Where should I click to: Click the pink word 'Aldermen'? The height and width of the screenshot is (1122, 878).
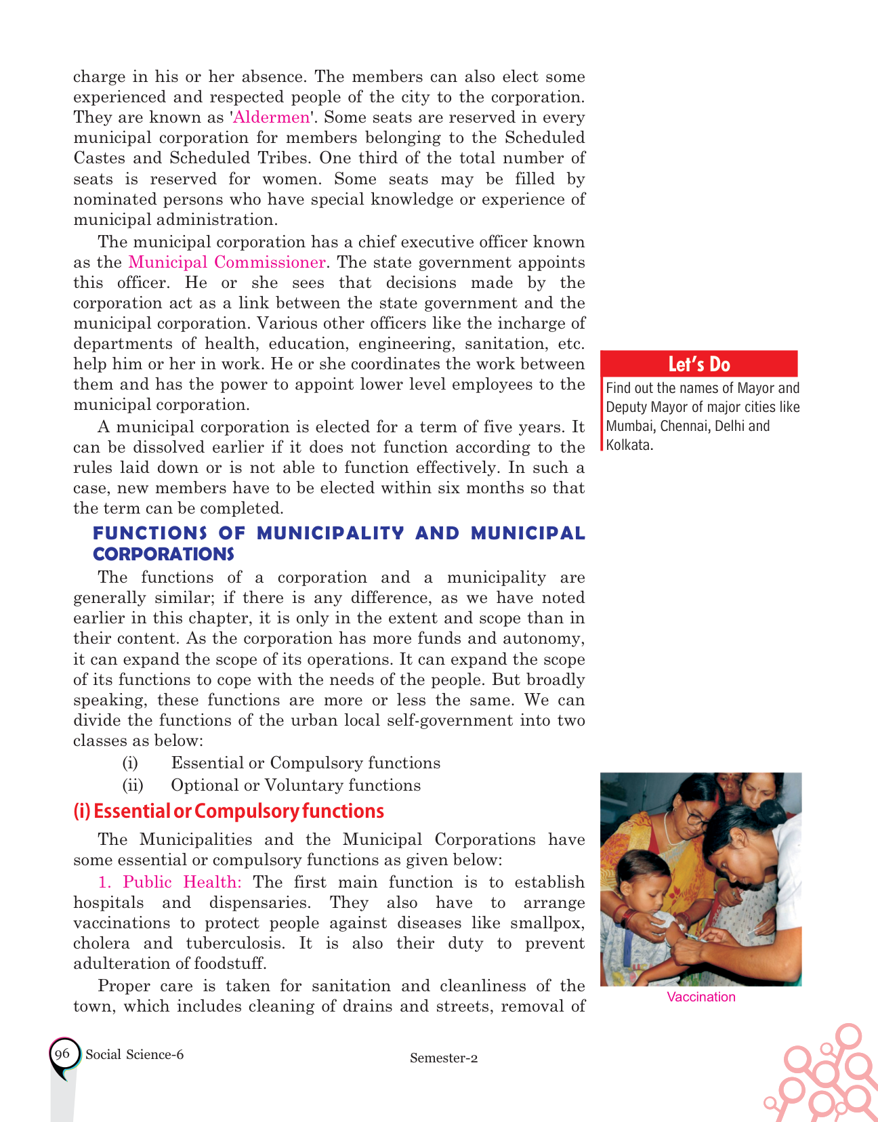pos(272,117)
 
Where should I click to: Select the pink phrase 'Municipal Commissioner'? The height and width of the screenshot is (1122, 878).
pos(227,262)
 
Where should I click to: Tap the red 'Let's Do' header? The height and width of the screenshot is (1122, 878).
pos(698,364)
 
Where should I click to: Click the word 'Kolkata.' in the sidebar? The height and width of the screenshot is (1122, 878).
pos(629,445)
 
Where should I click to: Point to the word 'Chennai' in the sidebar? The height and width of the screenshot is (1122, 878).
pos(684,426)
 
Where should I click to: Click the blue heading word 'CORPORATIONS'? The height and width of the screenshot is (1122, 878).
pos(163,554)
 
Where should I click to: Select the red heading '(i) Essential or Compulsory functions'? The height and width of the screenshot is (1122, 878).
pos(228,811)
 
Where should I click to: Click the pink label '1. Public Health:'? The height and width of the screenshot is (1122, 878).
pos(170,882)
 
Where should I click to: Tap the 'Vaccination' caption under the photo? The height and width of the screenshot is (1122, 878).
pos(701,997)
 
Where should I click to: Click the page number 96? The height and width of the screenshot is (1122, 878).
pos(62,1054)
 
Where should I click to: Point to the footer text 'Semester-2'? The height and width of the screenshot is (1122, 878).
pos(444,1058)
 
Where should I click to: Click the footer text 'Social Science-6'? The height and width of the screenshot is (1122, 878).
pos(134,1054)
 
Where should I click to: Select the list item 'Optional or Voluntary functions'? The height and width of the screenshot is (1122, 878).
pos(295,785)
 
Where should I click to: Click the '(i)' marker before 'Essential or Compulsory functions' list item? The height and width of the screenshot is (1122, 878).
pos(130,763)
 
